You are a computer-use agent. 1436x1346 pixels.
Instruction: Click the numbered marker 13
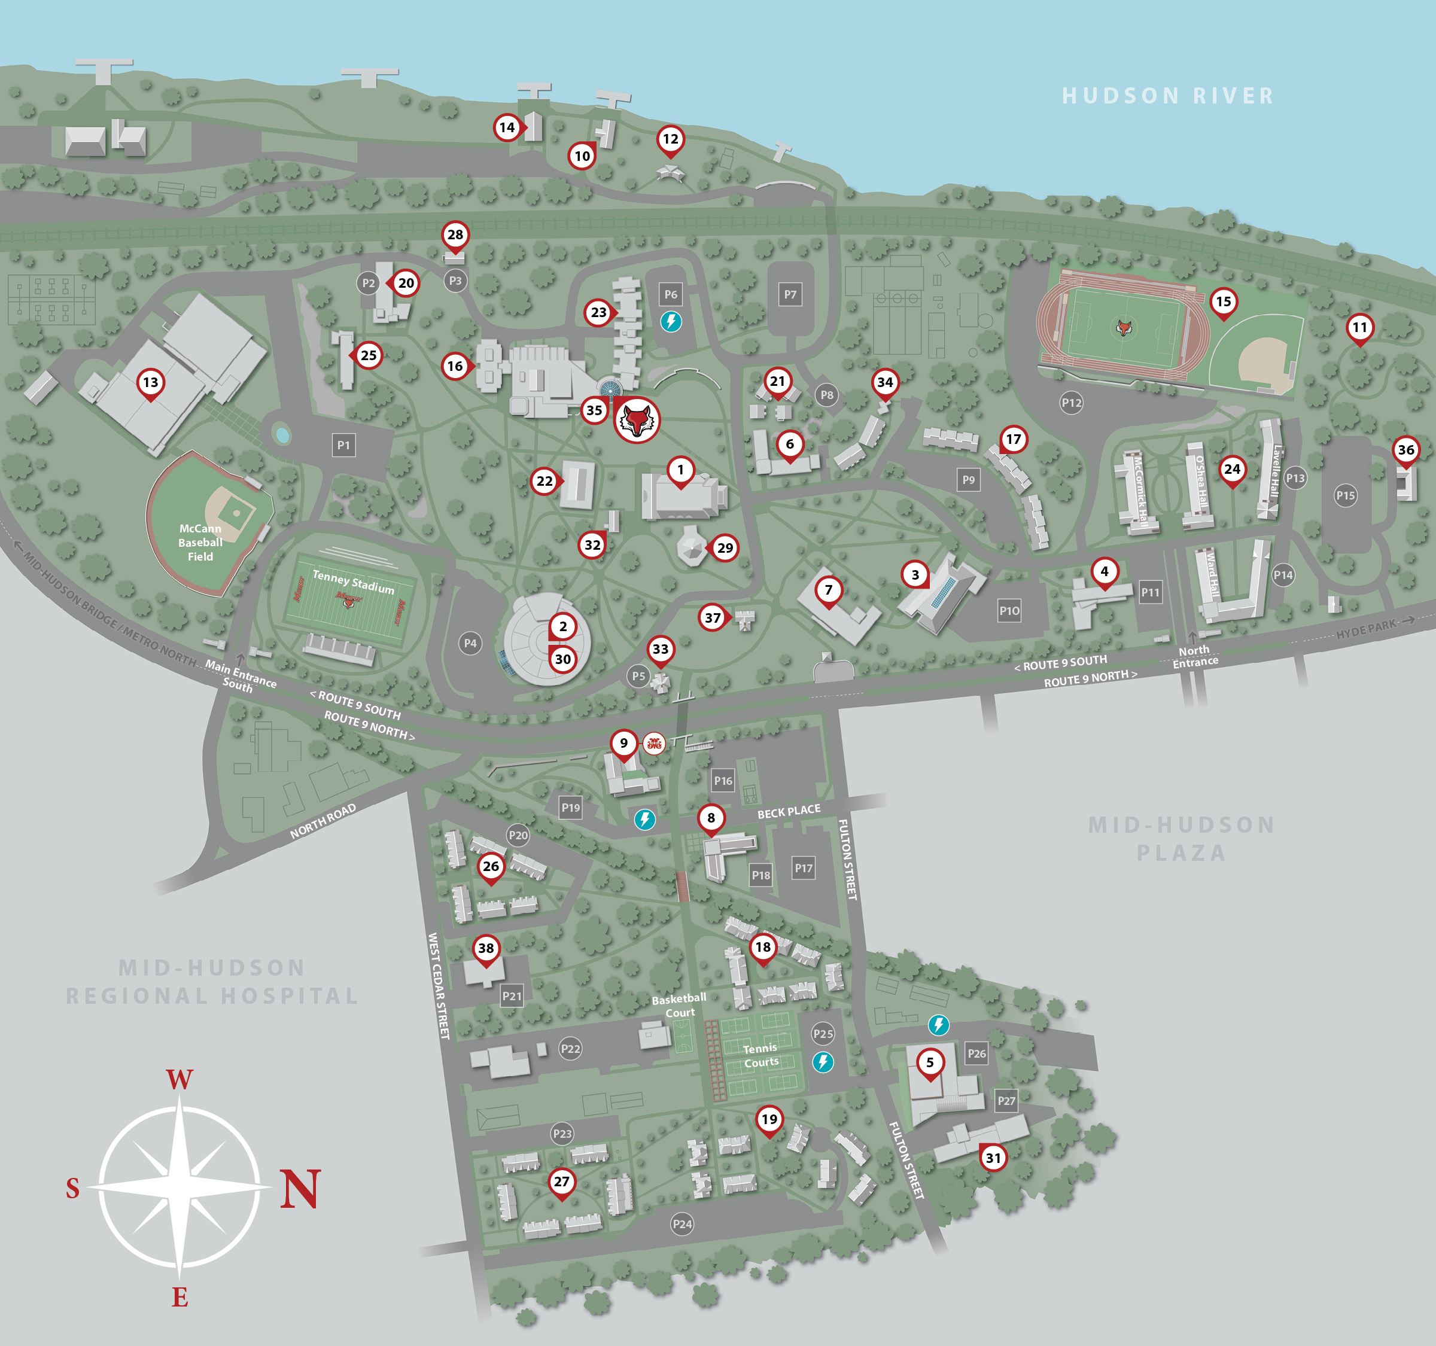coord(150,383)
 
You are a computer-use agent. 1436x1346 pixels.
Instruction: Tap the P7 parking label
coord(790,294)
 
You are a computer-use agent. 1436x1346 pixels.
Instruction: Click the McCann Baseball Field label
coord(200,543)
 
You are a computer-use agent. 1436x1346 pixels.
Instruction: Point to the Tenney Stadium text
coord(353,582)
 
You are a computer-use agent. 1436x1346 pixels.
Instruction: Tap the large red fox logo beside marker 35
coord(637,419)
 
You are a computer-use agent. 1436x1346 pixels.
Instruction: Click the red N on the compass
coord(300,1189)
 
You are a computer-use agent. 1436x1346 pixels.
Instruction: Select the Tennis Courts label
coord(761,1055)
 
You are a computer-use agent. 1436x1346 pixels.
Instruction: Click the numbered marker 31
coord(993,1158)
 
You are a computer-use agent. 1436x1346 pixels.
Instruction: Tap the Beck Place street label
coord(788,812)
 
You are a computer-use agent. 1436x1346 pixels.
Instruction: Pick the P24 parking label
coord(682,1224)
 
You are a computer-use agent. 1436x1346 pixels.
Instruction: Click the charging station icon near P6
coord(671,321)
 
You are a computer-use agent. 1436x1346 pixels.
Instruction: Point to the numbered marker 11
coord(1359,327)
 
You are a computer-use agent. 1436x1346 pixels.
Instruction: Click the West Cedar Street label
coord(439,986)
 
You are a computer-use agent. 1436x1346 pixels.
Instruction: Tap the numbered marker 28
coord(455,235)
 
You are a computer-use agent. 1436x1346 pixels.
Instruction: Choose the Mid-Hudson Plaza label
coord(1182,838)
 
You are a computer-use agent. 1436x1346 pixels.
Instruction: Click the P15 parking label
coord(1345,495)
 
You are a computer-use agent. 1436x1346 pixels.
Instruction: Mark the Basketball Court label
coord(679,1005)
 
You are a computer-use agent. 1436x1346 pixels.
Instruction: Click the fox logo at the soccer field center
coord(1123,328)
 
